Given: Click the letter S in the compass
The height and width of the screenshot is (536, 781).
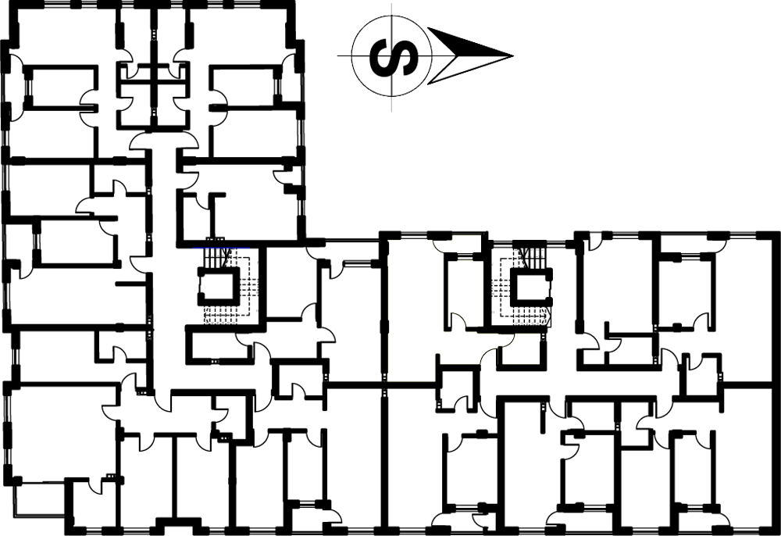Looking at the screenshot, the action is [x=394, y=55].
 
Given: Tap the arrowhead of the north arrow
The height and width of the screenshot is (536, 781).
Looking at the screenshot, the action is [x=468, y=55].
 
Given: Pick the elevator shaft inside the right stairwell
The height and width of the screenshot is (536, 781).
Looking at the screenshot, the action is [x=531, y=287].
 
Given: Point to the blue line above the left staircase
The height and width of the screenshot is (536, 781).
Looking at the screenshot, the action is [x=221, y=248].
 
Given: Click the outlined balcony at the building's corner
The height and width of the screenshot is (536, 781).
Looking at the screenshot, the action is [x=41, y=498].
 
